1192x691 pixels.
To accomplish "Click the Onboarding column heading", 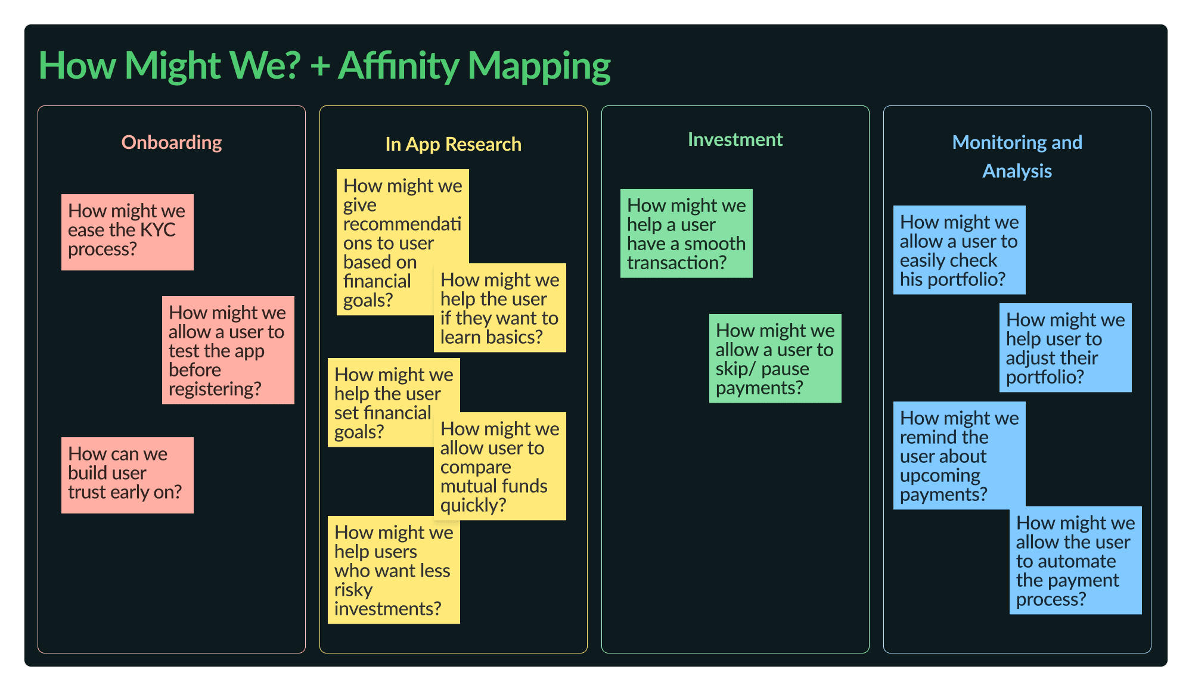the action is click(172, 142).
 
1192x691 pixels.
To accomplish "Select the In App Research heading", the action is click(453, 144).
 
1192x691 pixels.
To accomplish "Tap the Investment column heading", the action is click(735, 139).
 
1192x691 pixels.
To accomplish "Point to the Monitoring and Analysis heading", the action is click(1017, 156).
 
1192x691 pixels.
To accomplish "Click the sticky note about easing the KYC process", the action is click(128, 232).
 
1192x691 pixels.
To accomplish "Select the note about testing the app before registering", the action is click(228, 350).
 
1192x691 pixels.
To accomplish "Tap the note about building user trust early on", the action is click(128, 475).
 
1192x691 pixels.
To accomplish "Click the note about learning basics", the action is click(500, 308).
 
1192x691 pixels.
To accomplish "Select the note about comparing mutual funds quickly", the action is click(500, 466).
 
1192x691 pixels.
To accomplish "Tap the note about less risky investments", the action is click(394, 570).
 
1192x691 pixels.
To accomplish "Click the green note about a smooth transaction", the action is click(687, 234).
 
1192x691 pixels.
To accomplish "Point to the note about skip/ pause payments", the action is click(775, 359).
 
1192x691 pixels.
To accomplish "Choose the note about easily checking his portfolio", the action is click(960, 250).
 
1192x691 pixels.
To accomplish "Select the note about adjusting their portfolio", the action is click(1066, 348).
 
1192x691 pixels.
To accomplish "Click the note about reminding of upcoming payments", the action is click(960, 456).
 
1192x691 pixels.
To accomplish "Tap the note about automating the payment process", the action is click(1076, 561).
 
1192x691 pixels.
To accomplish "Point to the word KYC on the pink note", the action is click(157, 230).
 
